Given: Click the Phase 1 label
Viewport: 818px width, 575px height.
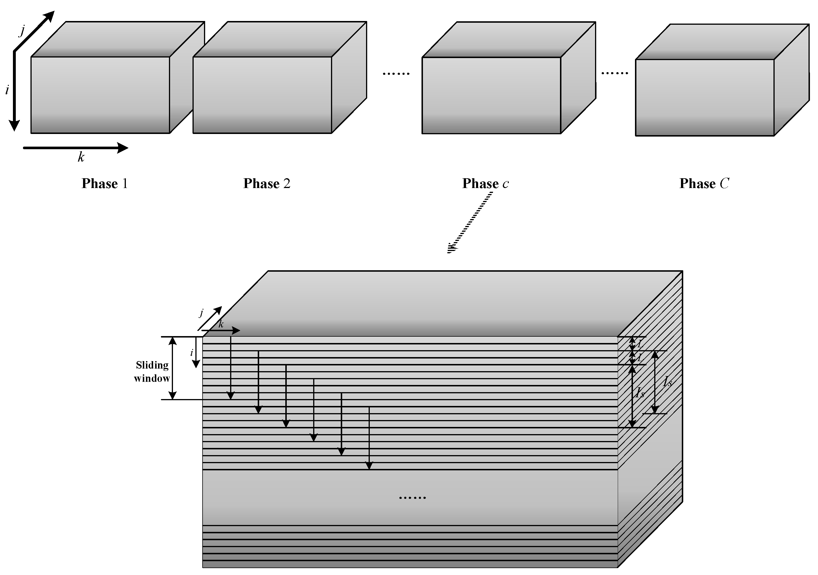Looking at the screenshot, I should click(104, 184).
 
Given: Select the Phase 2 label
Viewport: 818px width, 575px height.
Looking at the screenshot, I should click(267, 184).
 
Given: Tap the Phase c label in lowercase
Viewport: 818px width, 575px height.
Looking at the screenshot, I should click(485, 184).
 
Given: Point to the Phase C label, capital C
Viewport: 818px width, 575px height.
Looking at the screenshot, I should click(704, 184).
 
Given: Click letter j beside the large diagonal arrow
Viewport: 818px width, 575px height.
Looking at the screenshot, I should click(22, 31).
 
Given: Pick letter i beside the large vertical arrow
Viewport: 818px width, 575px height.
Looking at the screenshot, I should click(7, 90).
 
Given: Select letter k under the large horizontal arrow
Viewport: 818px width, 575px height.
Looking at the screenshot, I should click(81, 157).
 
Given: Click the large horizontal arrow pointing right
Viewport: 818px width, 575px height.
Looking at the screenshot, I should click(75, 147).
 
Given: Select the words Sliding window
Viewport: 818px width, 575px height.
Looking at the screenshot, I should click(152, 372).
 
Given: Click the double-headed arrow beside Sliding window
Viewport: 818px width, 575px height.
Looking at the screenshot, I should click(172, 368).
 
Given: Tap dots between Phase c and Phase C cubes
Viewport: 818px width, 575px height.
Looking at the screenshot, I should click(615, 73).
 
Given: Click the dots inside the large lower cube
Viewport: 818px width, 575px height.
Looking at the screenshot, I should click(412, 498).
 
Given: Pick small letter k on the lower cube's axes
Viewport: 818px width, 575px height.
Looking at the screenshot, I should click(221, 324).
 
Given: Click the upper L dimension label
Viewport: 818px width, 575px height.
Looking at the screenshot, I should click(640, 344).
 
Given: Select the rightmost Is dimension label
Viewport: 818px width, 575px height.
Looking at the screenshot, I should click(667, 382).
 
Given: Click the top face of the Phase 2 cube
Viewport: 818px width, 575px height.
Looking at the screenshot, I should click(280, 39).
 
